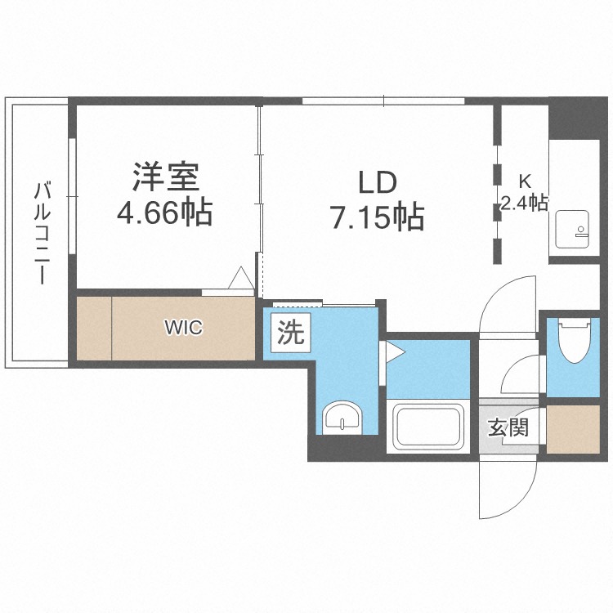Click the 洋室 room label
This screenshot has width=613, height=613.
[x=166, y=177]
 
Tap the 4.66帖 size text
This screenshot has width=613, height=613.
[x=164, y=213]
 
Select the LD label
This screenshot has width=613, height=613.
[x=378, y=182]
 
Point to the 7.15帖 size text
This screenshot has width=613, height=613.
[x=378, y=217]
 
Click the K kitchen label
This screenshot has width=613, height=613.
[x=524, y=181]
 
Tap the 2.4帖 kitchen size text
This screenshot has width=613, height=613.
[x=524, y=203]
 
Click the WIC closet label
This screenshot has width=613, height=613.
[x=183, y=328]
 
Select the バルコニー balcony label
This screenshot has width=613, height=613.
[x=42, y=234]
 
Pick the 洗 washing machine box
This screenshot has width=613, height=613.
[x=291, y=333]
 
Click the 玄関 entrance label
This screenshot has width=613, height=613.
[x=508, y=427]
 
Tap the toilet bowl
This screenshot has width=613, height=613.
[x=574, y=339]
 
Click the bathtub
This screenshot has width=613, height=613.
[x=428, y=426]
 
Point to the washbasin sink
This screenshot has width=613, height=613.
[x=342, y=418]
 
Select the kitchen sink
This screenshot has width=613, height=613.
[x=572, y=230]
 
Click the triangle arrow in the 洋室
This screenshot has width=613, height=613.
[x=241, y=278]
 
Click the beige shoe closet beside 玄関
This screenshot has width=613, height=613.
[x=573, y=429]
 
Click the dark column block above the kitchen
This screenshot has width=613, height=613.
[x=578, y=118]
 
